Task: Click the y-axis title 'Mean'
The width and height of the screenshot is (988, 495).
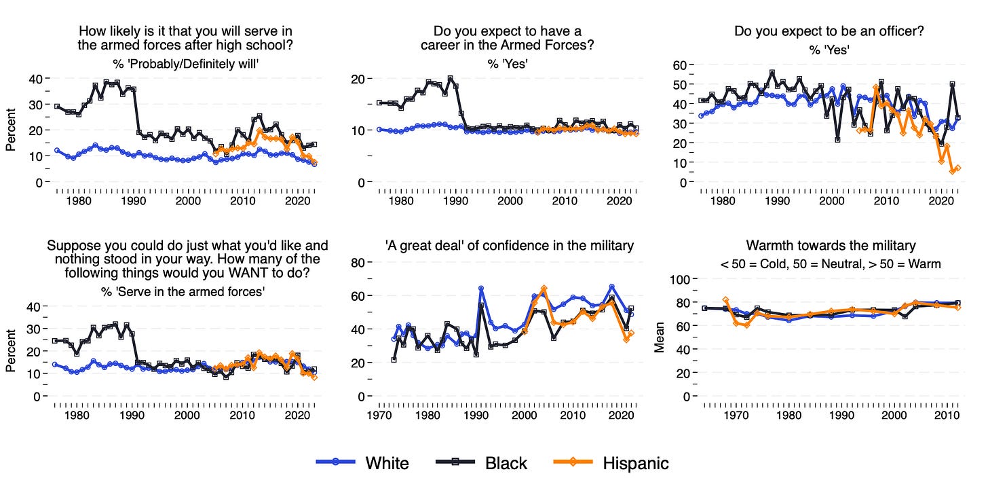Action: coord(658,337)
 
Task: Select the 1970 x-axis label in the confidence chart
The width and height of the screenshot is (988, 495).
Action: coord(379,416)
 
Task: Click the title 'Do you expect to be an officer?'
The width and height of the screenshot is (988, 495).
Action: coord(829,31)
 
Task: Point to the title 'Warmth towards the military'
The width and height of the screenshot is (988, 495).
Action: coord(831,245)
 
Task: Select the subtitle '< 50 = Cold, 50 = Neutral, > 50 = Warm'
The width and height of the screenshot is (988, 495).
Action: coord(831,263)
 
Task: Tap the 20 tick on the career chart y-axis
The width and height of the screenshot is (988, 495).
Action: coord(357,78)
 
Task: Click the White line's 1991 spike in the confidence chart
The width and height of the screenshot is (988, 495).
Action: coord(480,289)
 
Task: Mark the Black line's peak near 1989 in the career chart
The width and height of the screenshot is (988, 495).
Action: coord(450,79)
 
